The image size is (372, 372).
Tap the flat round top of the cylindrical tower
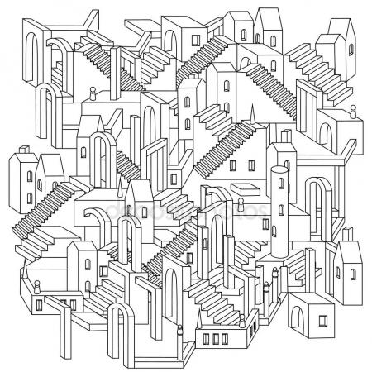tap(279, 170)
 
